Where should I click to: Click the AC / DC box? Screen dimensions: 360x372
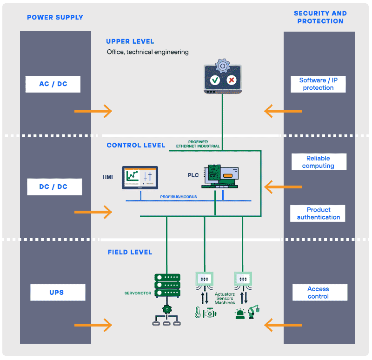[53, 84]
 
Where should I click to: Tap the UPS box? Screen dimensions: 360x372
[58, 293]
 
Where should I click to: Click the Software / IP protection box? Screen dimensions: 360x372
[319, 84]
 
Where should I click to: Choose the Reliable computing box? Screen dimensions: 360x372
[319, 162]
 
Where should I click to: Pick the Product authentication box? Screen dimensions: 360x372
[319, 213]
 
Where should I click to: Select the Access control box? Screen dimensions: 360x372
[319, 293]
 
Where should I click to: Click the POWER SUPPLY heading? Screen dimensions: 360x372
[55, 18]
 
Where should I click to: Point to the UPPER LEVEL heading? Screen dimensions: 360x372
[130, 41]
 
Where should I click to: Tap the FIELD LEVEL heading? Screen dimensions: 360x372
[130, 252]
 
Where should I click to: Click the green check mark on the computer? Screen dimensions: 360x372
[215, 80]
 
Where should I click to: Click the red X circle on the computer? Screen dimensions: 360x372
[231, 80]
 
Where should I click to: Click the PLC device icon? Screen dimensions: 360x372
[223, 176]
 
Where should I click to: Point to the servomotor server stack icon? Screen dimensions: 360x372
[167, 285]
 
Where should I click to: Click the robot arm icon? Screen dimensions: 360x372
[254, 312]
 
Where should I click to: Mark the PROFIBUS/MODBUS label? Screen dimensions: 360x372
[179, 197]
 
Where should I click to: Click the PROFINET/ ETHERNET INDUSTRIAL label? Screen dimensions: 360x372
[198, 144]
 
